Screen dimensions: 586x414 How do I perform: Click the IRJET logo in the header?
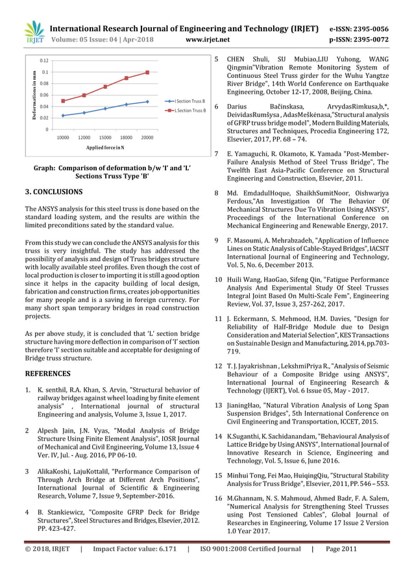(34, 33)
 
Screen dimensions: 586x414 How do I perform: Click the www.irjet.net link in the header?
(208, 39)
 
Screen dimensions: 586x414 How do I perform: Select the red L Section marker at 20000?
(147, 72)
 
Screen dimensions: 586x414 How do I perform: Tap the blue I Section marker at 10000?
(63, 116)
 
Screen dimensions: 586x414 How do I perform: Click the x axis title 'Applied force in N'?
(105, 149)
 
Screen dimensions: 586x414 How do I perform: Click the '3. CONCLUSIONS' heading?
(53, 192)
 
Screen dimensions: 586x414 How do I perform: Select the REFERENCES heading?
(47, 374)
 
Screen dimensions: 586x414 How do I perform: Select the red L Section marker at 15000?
(105, 86)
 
